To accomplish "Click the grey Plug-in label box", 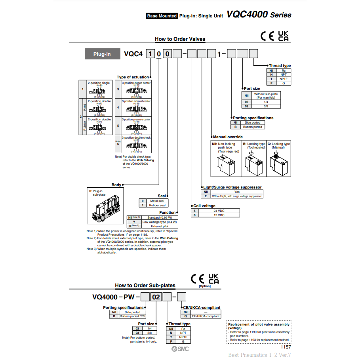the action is [102, 54].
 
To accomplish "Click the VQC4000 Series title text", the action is [259, 15].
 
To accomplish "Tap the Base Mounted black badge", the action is [162, 16].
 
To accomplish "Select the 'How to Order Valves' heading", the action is [180, 39].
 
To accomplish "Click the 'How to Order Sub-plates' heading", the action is [145, 285].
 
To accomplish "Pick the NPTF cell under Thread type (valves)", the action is [284, 79].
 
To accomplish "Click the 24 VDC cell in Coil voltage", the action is [219, 211].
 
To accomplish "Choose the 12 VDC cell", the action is [219, 215].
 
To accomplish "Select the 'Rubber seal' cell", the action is [157, 205].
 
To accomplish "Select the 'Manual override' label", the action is [228, 137].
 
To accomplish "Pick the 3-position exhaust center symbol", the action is [136, 109].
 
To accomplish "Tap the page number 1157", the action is [286, 347].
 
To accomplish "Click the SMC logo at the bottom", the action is [180, 349].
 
